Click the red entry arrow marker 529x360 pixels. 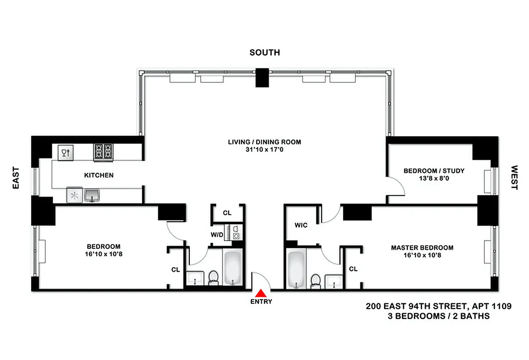[x=261, y=292]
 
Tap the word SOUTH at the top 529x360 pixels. [x=264, y=53]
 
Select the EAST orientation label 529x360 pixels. [x=16, y=177]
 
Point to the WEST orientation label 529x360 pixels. [x=514, y=177]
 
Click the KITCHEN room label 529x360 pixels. [x=99, y=175]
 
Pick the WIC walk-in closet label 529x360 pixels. [x=301, y=225]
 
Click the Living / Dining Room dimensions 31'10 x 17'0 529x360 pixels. [x=264, y=150]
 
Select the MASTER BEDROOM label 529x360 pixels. [x=422, y=247]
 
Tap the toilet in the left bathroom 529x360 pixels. [x=213, y=277]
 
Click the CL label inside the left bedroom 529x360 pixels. [x=175, y=270]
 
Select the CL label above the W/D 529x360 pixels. [x=227, y=213]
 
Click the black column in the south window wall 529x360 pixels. [x=262, y=77]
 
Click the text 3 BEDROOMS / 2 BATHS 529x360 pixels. [x=439, y=316]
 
